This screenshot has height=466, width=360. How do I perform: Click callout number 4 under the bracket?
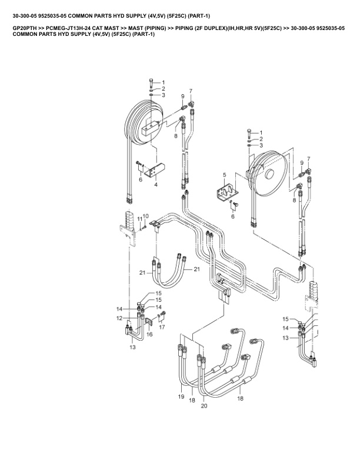click(x=156, y=185)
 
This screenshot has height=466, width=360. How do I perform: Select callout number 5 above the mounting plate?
click(x=225, y=175)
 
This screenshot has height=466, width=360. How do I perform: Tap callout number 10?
click(x=146, y=216)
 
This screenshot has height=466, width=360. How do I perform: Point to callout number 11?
click(x=140, y=219)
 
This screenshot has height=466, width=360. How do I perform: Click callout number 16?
click(x=149, y=334)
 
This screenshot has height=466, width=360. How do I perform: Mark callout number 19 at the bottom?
click(x=181, y=397)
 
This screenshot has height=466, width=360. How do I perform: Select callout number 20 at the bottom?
click(x=204, y=406)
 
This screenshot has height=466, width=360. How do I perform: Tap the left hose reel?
click(x=146, y=124)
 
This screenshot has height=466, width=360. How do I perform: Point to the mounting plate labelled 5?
click(x=225, y=191)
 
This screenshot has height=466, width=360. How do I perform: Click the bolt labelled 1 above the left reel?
click(x=152, y=81)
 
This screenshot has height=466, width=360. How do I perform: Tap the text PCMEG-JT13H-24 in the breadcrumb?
click(x=65, y=28)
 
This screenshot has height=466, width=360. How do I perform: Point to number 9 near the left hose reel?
click(x=183, y=96)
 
